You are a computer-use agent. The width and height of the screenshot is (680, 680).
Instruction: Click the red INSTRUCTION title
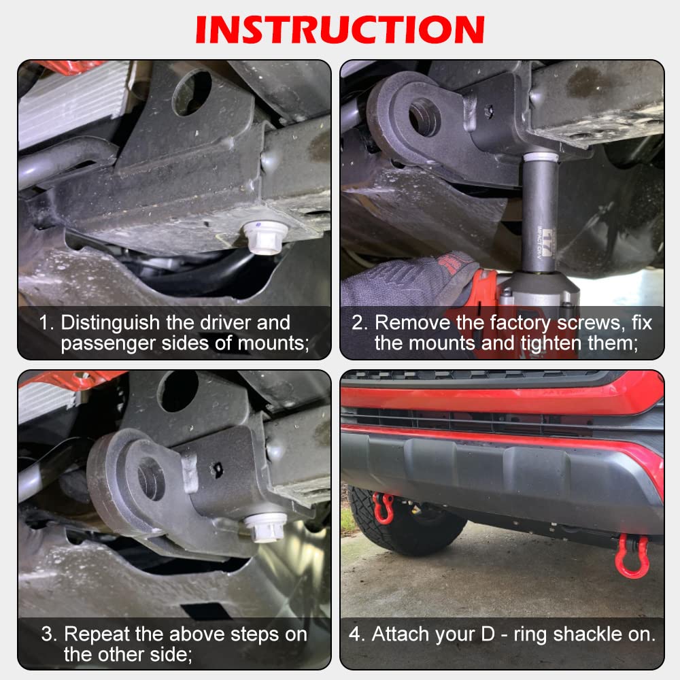pyautogui.click(x=340, y=29)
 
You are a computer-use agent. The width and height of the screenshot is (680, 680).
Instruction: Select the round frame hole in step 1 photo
pyautogui.click(x=192, y=92)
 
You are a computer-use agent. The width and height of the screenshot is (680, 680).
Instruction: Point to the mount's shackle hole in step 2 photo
pyautogui.click(x=424, y=117)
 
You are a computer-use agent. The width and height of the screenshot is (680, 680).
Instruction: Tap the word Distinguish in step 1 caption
pyautogui.click(x=110, y=323)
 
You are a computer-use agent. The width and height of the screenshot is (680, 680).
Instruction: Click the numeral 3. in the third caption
pyautogui.click(x=50, y=634)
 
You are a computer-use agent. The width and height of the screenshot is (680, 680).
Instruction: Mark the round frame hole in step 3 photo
pyautogui.click(x=177, y=391)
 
